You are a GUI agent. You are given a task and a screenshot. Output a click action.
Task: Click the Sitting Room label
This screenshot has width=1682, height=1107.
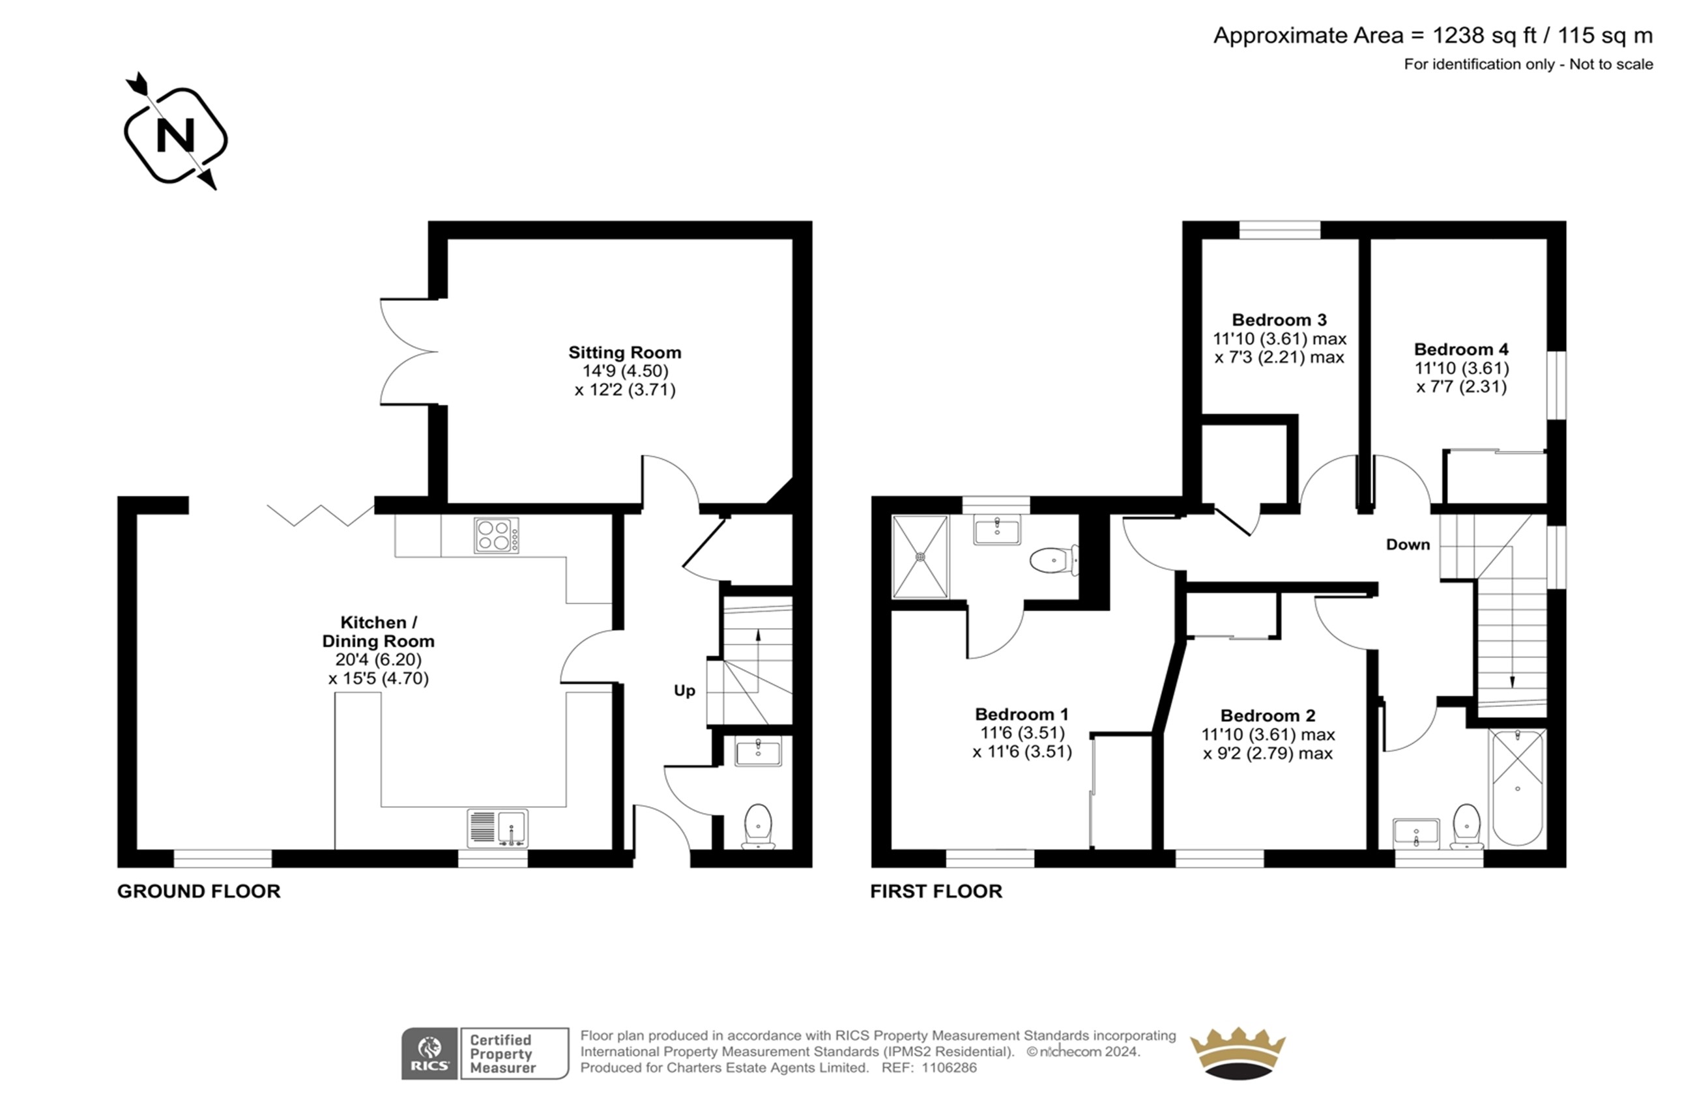625,352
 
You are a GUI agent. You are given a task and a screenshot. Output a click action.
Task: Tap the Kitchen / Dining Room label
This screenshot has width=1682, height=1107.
378,631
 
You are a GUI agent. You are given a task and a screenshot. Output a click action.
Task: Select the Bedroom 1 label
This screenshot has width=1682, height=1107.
1022,714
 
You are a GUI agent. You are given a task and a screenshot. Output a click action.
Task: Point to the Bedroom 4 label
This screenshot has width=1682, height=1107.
1461,349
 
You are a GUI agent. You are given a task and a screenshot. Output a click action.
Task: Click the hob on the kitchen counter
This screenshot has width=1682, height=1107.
497,535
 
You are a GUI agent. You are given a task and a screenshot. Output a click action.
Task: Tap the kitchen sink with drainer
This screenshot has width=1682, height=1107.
497,828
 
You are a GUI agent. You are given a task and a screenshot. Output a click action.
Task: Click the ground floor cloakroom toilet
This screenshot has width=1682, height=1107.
759,826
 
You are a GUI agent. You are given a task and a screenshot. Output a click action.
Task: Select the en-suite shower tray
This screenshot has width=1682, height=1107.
920,556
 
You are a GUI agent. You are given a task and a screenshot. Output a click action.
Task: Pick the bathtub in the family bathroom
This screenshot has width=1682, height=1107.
1517,787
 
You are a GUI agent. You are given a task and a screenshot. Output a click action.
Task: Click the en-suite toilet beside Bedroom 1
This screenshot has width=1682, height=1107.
1054,561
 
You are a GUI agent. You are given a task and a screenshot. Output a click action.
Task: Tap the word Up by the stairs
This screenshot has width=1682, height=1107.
684,691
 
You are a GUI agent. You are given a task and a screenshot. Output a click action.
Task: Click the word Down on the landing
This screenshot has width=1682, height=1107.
1408,545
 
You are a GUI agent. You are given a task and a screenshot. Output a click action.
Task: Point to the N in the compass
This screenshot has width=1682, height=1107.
175,134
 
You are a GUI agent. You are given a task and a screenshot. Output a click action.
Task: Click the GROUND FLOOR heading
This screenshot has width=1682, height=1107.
199,891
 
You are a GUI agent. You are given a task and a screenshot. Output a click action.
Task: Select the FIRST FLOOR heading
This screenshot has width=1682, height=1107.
936,891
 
